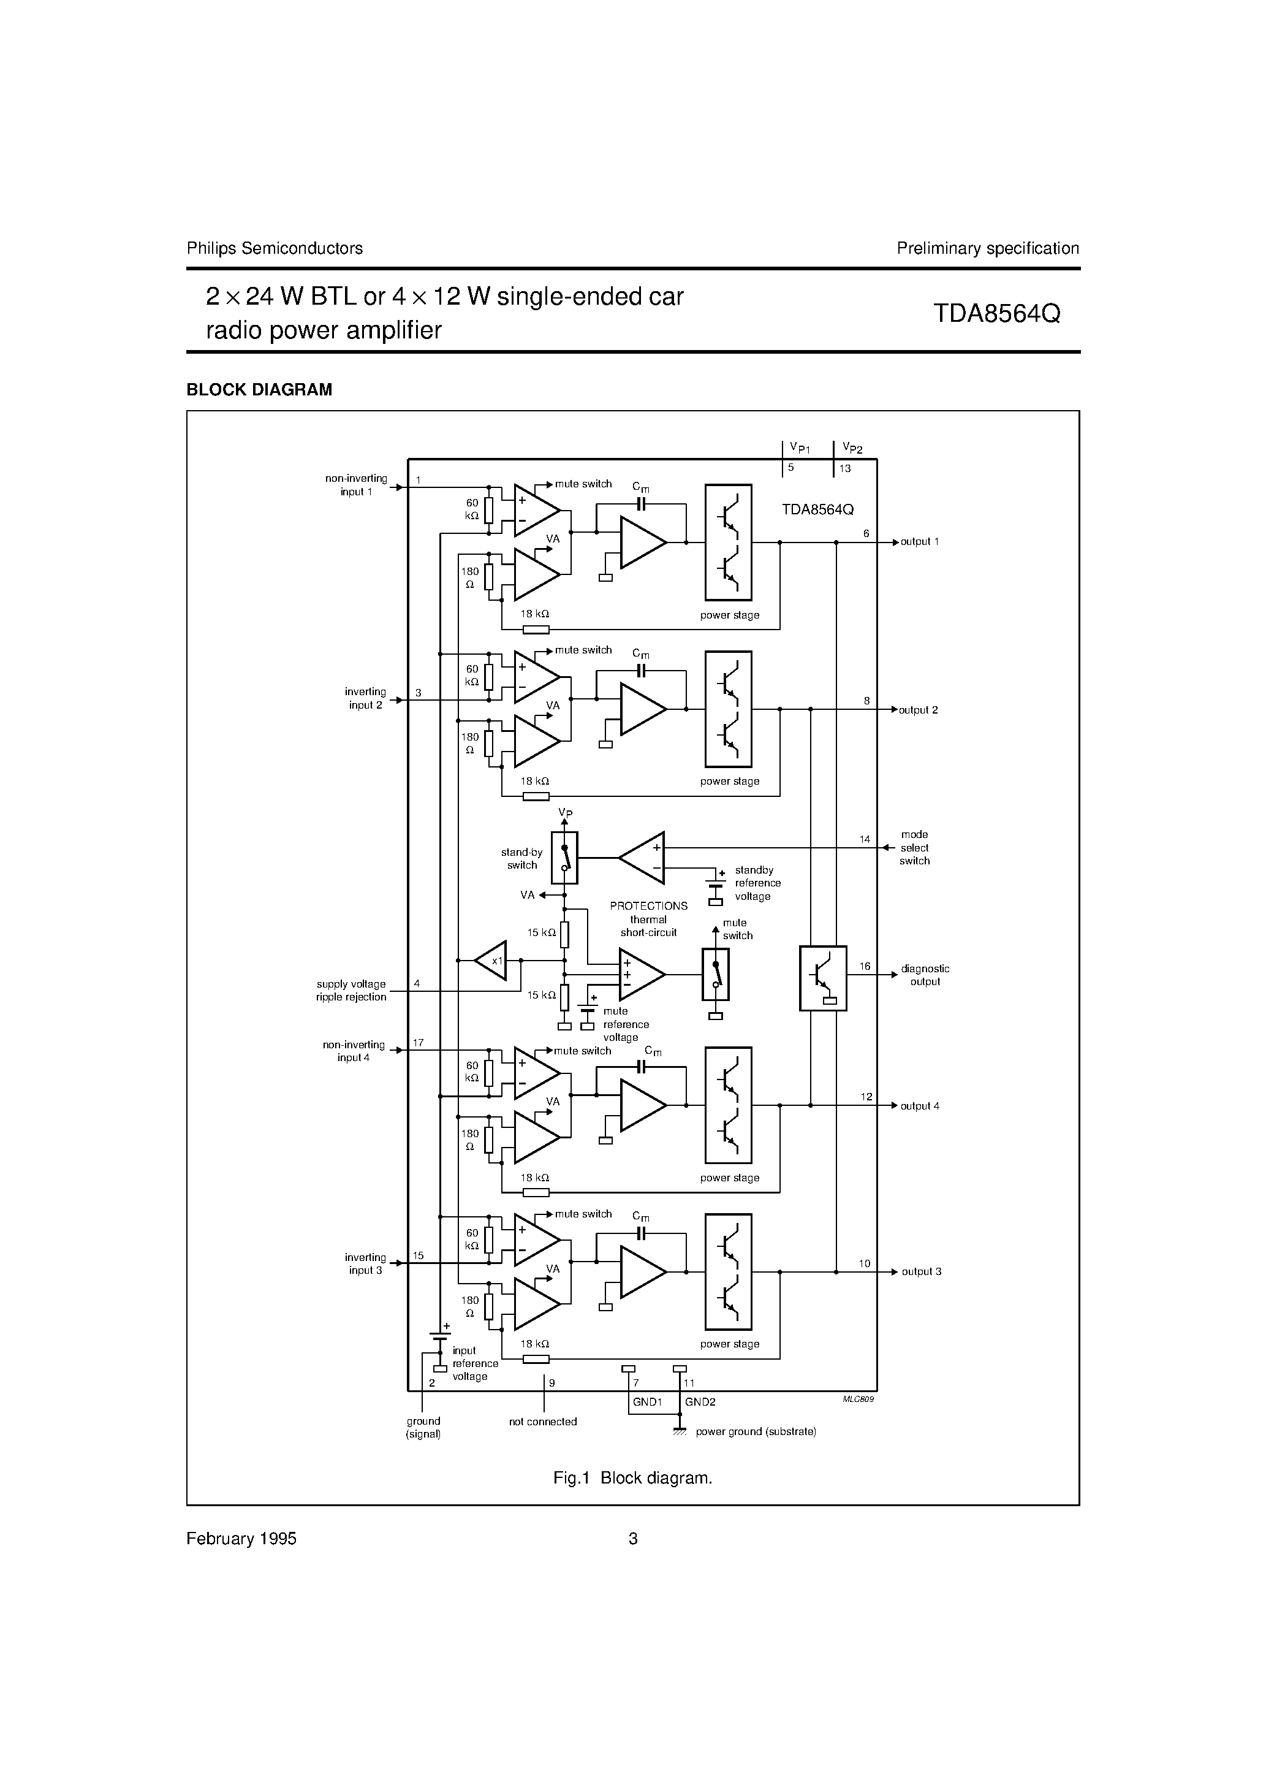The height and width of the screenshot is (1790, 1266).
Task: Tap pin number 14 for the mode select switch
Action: [x=865, y=840]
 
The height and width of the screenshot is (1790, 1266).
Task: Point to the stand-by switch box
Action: [x=564, y=858]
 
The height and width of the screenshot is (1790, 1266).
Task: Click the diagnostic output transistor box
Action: [x=822, y=978]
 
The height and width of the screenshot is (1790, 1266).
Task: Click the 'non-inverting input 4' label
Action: [x=354, y=1051]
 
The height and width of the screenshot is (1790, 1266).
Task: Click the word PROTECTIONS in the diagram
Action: [x=648, y=906]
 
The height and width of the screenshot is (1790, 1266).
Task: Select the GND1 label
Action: [x=647, y=1402]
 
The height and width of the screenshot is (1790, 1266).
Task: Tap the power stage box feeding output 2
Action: [x=728, y=709]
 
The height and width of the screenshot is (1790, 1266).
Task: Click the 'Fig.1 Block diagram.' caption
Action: [x=632, y=1478]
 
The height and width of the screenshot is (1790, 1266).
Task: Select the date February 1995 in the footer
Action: [x=241, y=1539]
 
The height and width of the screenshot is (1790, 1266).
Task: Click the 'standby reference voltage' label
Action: [x=757, y=883]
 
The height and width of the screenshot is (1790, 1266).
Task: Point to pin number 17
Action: [x=418, y=1042]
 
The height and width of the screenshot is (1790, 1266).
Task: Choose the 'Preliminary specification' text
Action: [x=987, y=249]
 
